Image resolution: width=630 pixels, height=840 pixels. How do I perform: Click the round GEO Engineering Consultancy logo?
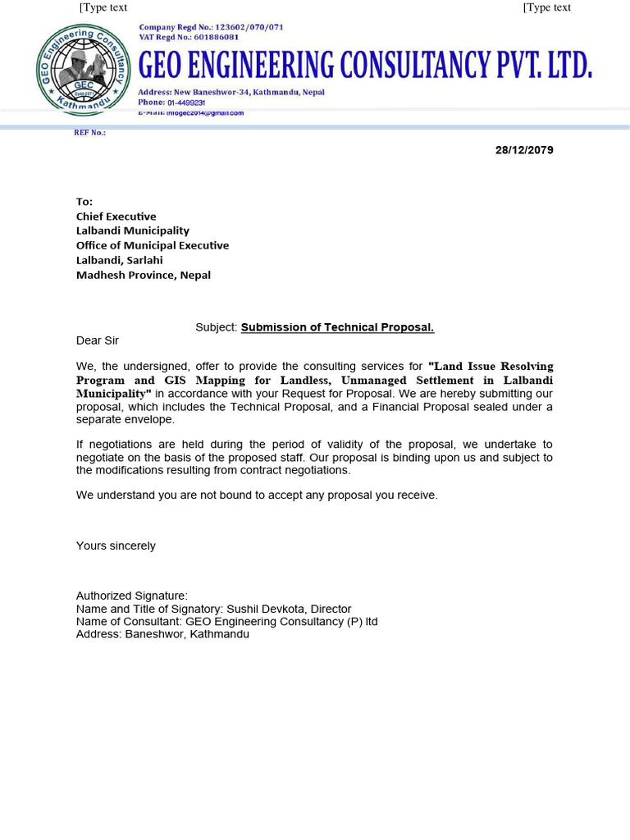click(x=84, y=70)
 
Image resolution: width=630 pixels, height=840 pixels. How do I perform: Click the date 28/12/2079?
click(x=524, y=150)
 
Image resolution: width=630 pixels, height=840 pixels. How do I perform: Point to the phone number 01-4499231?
click(x=186, y=103)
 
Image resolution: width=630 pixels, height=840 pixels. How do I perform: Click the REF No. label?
click(x=89, y=133)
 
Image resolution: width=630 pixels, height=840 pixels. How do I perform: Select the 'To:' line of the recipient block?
click(x=84, y=202)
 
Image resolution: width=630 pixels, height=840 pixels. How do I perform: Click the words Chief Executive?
click(x=116, y=217)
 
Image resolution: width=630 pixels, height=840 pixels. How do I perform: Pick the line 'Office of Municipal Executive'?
click(x=153, y=245)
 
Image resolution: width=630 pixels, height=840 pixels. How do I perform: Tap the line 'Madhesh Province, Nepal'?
click(x=144, y=275)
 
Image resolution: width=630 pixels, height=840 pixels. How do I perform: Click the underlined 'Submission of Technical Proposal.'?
click(x=337, y=327)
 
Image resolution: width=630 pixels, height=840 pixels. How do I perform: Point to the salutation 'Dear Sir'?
click(x=98, y=340)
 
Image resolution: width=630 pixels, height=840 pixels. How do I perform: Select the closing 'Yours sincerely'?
click(x=116, y=546)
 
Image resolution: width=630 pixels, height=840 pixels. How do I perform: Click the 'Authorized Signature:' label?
click(x=132, y=596)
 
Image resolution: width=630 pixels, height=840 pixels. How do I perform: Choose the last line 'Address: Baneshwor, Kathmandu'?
click(x=162, y=634)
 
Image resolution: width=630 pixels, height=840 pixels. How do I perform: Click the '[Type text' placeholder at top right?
click(x=546, y=7)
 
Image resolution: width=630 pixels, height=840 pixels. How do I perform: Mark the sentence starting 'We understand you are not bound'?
click(x=257, y=495)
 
